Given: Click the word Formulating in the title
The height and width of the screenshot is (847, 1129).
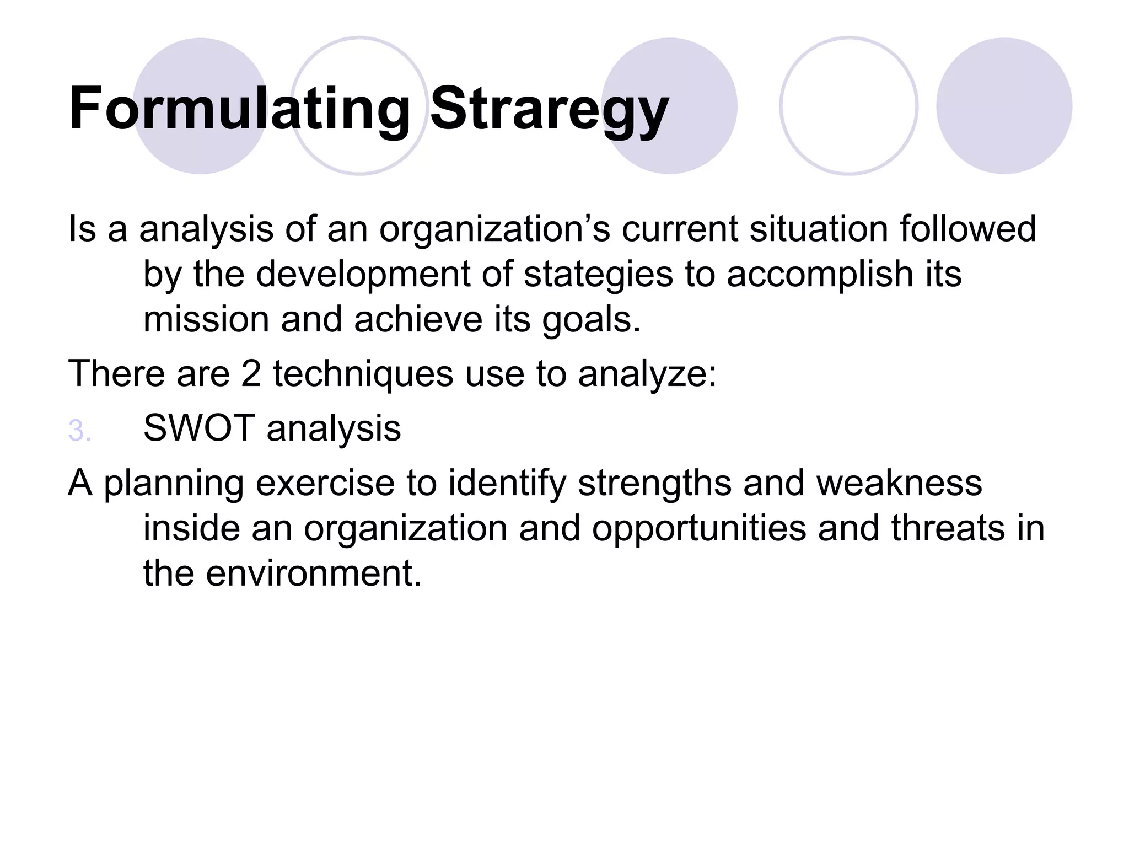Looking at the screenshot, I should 240,109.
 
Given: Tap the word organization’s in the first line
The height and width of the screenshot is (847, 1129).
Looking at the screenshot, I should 494,229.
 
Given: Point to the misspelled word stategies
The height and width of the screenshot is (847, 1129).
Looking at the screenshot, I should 598,274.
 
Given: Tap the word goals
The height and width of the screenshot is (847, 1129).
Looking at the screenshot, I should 592,320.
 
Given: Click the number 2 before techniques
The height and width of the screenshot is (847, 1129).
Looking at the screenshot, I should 251,374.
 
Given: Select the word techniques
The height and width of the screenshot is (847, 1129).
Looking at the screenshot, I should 363,374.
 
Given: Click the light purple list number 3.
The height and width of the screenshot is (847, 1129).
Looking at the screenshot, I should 79,431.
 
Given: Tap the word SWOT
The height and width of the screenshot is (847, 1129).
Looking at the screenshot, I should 199,428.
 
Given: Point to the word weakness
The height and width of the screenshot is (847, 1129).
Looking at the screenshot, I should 899,484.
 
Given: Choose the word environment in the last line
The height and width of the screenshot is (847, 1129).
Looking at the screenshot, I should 309,573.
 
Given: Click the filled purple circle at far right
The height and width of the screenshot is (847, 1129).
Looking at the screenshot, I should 1004,106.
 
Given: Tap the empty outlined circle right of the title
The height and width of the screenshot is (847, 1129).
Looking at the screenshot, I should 848,106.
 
